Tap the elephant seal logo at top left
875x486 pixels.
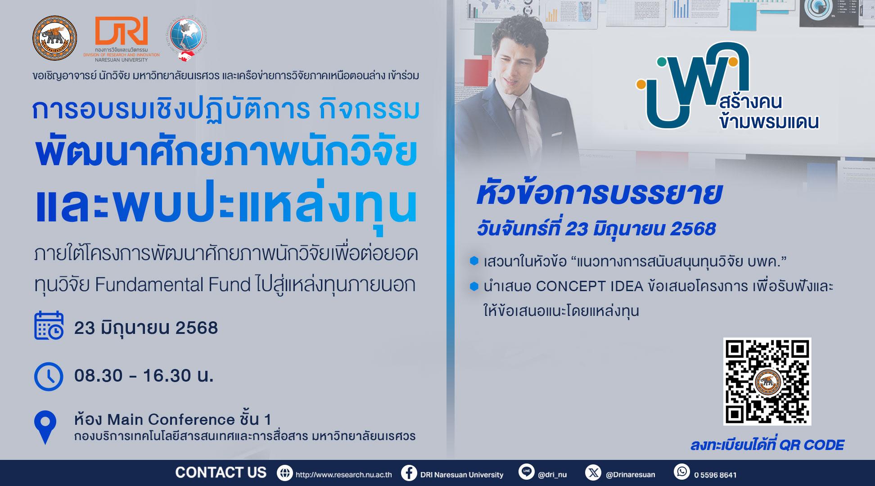pyautogui.click(x=54, y=38)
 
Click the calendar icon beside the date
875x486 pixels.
pyautogui.click(x=49, y=325)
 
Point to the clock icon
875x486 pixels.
pyautogui.click(x=49, y=377)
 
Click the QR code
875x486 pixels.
pyautogui.click(x=767, y=381)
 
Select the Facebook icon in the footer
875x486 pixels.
pyautogui.click(x=409, y=473)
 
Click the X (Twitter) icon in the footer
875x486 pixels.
pyautogui.click(x=593, y=472)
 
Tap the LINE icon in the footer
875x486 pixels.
pyautogui.click(x=526, y=472)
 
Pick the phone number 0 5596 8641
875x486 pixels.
pyautogui.click(x=715, y=475)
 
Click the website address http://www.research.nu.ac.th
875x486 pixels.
pyautogui.click(x=343, y=475)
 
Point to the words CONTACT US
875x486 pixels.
pyautogui.click(x=221, y=472)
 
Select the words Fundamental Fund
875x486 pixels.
pyautogui.click(x=173, y=285)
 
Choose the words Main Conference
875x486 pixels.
pyautogui.click(x=171, y=420)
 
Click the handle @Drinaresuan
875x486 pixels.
pyautogui.click(x=631, y=475)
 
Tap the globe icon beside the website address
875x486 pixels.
pyautogui.click(x=284, y=473)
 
